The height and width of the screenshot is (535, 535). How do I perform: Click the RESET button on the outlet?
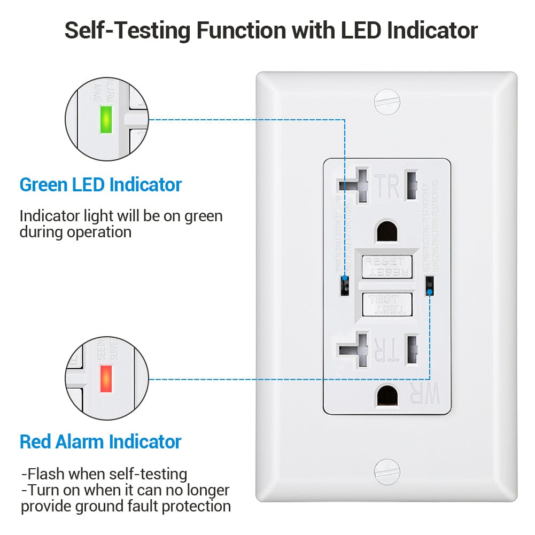pos(387,266)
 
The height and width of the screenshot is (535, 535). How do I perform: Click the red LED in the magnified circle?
pos(105,378)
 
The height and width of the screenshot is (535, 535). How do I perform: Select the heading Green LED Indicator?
pos(100,185)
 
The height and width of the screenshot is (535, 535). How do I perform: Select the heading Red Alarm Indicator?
pos(100,442)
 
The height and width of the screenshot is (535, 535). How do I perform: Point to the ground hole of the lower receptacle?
pos(387,397)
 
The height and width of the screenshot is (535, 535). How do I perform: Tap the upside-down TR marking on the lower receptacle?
pos(386,351)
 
